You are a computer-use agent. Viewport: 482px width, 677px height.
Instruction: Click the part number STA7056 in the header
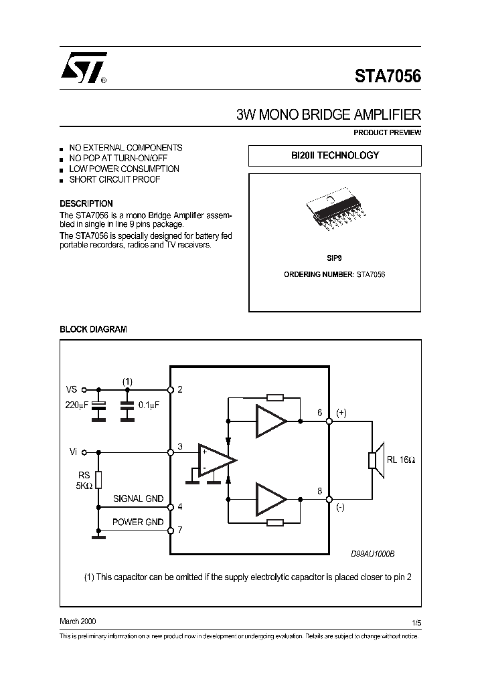[x=388, y=76]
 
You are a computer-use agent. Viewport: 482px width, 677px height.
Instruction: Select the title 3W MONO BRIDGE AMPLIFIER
[x=329, y=114]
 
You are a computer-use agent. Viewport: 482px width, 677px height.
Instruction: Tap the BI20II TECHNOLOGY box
[x=335, y=155]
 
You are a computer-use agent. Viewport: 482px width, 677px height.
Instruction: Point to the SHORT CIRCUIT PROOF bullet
[x=114, y=179]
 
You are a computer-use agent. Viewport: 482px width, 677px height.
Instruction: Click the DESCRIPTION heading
[x=86, y=203]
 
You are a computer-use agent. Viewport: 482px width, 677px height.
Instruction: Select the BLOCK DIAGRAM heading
[x=94, y=329]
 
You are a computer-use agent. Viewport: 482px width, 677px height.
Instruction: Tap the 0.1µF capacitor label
[x=149, y=405]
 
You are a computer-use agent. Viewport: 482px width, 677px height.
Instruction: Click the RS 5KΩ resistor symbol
[x=99, y=480]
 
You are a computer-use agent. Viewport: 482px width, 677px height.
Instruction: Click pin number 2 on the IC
[x=180, y=389]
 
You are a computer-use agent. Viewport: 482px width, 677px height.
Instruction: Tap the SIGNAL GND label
[x=137, y=499]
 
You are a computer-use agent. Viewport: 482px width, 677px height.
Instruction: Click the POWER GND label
[x=137, y=522]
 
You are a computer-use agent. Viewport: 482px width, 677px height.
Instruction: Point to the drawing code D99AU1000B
[x=374, y=554]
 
